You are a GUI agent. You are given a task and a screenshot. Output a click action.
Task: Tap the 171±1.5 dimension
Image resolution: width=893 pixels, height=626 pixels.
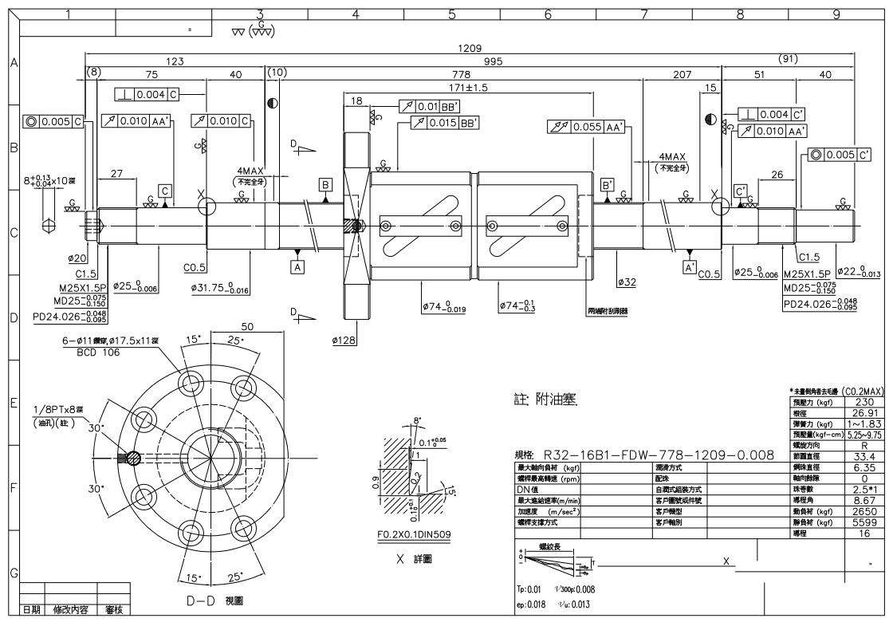469,86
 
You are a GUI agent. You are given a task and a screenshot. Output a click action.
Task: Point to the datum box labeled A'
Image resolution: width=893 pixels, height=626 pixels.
691,268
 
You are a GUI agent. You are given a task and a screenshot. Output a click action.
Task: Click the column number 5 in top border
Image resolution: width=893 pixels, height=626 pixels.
451,13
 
